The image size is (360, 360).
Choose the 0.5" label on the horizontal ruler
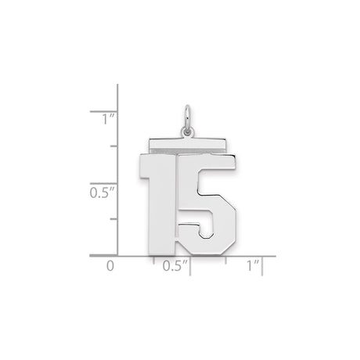tap(176, 266)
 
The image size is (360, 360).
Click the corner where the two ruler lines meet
tap(117, 255)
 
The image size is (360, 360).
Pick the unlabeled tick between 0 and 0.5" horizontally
tap(153, 261)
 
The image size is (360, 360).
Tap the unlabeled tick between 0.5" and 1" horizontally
tap(227, 261)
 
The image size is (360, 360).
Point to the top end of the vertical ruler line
tap(117, 85)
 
